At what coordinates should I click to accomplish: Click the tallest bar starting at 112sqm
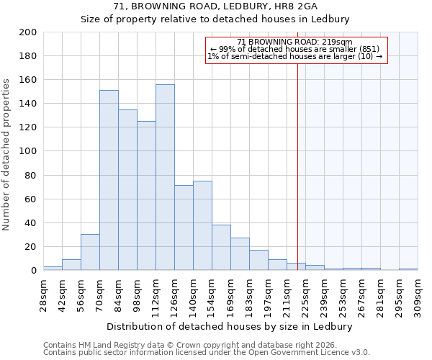point(165,177)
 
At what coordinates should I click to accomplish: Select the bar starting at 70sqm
point(109,180)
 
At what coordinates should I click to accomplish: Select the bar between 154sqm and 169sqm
point(221,248)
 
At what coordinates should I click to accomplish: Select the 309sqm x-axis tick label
point(418,295)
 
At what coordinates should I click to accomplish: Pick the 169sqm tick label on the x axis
point(230,295)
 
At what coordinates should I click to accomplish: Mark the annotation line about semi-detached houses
point(296,57)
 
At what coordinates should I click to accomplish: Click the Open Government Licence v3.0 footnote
point(207,353)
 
